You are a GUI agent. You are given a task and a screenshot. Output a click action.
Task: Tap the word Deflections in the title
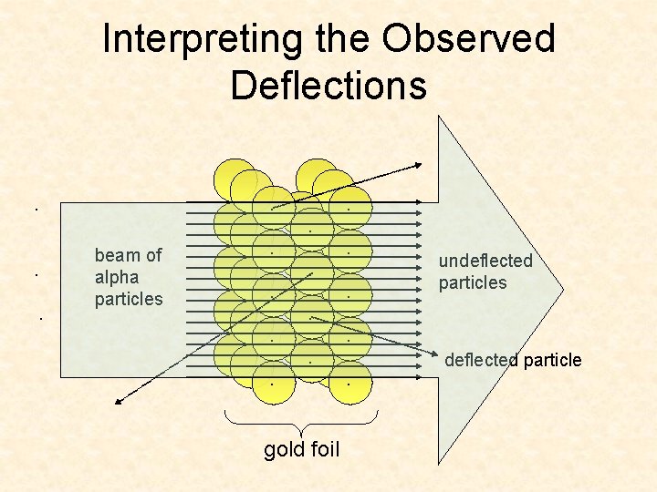point(328,85)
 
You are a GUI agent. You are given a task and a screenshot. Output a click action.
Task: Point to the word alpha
point(117,277)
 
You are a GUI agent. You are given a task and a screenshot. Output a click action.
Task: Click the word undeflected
point(485,261)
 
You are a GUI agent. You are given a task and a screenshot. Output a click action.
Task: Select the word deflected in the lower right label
point(481,360)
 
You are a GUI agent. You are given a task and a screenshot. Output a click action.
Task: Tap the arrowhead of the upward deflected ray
point(418,165)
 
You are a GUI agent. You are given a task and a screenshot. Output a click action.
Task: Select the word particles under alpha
point(129,299)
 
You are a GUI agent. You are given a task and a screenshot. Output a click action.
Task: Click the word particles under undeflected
point(472,282)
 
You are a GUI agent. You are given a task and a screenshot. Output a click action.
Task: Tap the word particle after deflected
point(551,360)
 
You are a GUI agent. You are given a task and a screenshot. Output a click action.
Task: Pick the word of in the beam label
point(151,256)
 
